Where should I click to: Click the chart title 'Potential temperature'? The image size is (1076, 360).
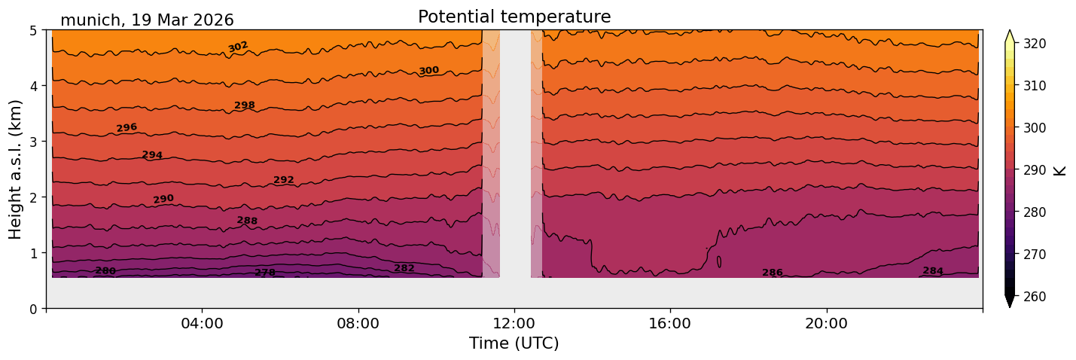coord(514,17)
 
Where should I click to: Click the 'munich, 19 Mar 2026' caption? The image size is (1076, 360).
coord(147,20)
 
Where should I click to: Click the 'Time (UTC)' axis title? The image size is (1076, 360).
coord(514,343)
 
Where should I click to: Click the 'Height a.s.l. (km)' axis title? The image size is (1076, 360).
coord(16,169)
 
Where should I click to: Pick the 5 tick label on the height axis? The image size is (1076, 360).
coord(35,30)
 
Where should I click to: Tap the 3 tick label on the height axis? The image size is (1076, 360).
coord(35,142)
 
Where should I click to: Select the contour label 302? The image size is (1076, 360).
coord(238,47)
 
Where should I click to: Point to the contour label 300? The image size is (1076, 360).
coord(428,71)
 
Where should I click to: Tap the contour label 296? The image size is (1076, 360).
coord(126,128)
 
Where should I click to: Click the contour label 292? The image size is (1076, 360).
coord(284,180)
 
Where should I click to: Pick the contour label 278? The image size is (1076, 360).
coord(265,273)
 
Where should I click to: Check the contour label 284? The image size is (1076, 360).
coord(933,271)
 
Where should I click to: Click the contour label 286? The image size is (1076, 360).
coord(773,273)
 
